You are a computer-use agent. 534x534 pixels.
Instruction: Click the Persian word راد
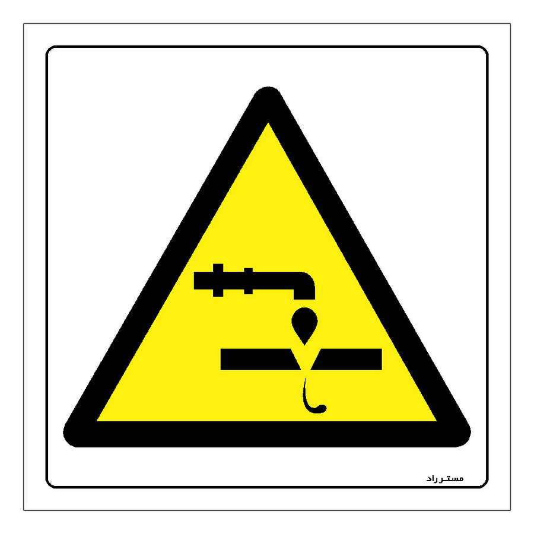coord(434,479)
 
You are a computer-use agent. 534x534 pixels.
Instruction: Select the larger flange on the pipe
coord(218,280)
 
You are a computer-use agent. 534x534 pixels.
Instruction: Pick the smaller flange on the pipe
coord(248,281)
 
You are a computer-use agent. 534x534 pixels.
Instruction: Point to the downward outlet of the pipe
coord(304,294)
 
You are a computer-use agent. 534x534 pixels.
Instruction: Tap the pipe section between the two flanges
coord(234,281)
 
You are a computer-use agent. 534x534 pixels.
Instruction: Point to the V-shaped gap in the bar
coord(305,358)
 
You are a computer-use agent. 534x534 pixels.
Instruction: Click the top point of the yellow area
coord(268,123)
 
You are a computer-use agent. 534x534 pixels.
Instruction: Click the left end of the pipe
coord(195,281)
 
